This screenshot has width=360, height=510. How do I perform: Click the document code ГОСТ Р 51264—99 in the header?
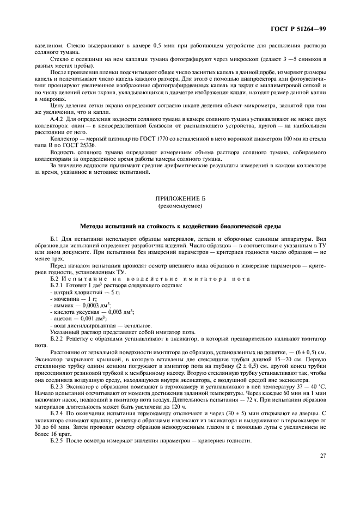point(302,28)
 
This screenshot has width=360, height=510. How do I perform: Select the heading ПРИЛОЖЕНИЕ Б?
point(180,200)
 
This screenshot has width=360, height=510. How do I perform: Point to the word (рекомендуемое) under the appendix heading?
point(180,207)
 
